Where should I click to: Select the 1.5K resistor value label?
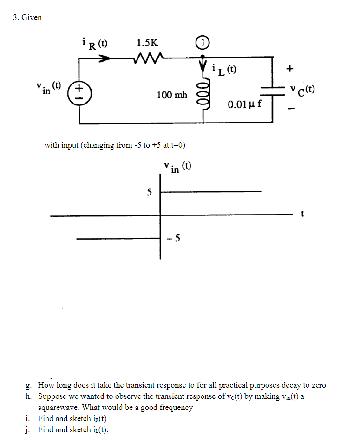[x=147, y=44]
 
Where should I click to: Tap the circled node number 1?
[x=203, y=43]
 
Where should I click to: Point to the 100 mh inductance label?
[x=172, y=95]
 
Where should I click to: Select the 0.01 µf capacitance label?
[x=245, y=104]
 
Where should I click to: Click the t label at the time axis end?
[x=303, y=214]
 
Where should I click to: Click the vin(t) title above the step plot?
[x=177, y=167]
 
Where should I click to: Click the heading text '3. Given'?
[x=27, y=17]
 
